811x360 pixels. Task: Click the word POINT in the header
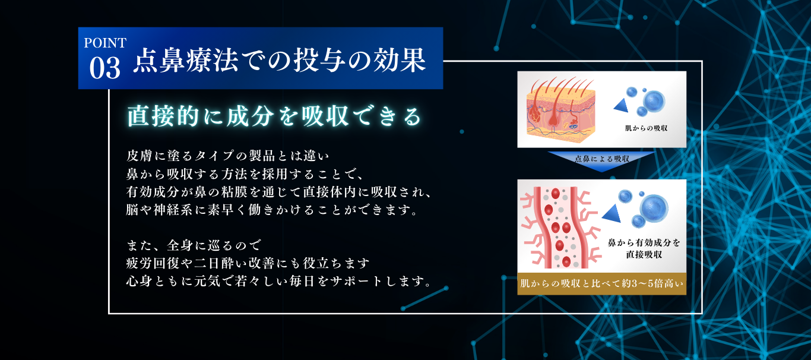(x=105, y=43)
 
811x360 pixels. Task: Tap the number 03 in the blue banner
(x=104, y=68)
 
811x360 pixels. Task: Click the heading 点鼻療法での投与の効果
(x=280, y=60)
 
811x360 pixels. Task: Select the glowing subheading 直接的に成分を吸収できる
(x=274, y=116)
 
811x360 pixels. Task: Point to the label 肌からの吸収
(x=647, y=128)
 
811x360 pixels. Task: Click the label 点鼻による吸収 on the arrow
(x=602, y=159)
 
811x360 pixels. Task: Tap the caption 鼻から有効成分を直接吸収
(x=644, y=248)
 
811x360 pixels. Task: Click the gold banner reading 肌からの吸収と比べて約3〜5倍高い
(x=602, y=283)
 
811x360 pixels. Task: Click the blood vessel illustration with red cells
(x=560, y=228)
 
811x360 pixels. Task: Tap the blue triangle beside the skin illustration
(x=621, y=105)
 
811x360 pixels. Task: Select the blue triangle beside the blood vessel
(x=612, y=213)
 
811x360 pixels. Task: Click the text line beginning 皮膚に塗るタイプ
(x=228, y=156)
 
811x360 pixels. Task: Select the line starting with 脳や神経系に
(x=272, y=210)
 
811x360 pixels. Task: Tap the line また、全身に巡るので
(x=194, y=245)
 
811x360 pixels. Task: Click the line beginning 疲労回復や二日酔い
(x=248, y=263)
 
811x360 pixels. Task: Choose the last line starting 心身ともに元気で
(x=279, y=282)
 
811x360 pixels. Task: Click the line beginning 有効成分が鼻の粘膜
(x=279, y=192)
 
